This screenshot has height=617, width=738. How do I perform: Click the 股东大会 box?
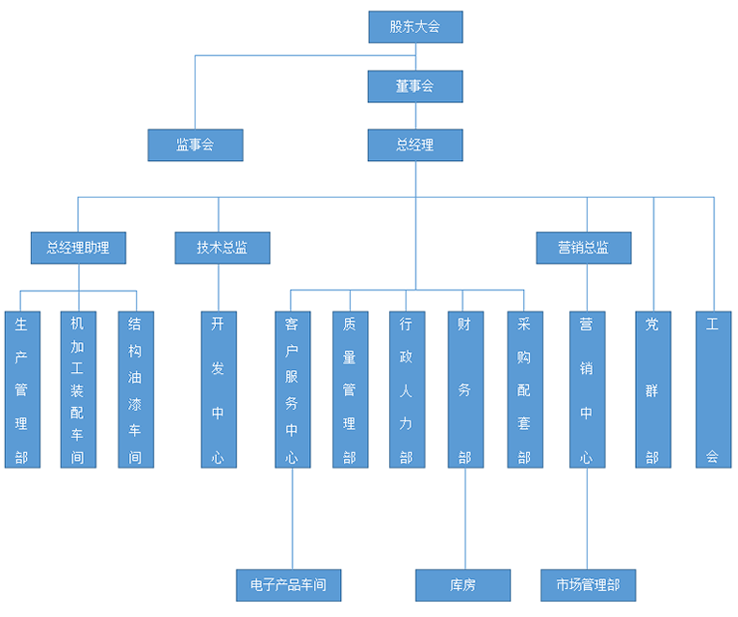coord(415,27)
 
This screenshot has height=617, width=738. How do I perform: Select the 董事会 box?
coord(415,86)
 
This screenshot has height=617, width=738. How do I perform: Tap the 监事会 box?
coord(195,145)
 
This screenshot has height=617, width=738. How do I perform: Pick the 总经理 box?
coord(415,145)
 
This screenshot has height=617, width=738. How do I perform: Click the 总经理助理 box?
coord(78,248)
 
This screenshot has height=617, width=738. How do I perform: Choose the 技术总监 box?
coord(222,248)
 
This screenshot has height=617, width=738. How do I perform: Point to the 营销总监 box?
coord(584,248)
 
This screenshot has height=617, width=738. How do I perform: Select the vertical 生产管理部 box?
coord(22,389)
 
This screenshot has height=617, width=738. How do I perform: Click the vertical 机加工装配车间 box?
coord(78,389)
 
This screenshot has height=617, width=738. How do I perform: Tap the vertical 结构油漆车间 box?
coord(136,389)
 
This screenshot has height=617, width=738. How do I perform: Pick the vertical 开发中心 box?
coord(219,389)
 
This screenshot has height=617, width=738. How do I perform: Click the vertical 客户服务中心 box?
coord(292,389)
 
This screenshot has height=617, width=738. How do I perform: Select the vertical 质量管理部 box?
coord(350,389)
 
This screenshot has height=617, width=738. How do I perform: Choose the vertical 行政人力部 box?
coord(407,389)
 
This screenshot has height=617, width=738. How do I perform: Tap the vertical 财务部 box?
coord(465,389)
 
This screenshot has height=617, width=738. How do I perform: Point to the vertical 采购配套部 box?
coord(524,389)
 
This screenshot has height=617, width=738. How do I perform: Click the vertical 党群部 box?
coord(653,389)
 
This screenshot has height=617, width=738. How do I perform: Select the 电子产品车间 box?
coord(288,584)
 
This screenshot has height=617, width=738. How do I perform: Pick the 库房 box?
coord(462,584)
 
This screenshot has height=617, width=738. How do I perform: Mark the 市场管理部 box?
coord(588,584)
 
